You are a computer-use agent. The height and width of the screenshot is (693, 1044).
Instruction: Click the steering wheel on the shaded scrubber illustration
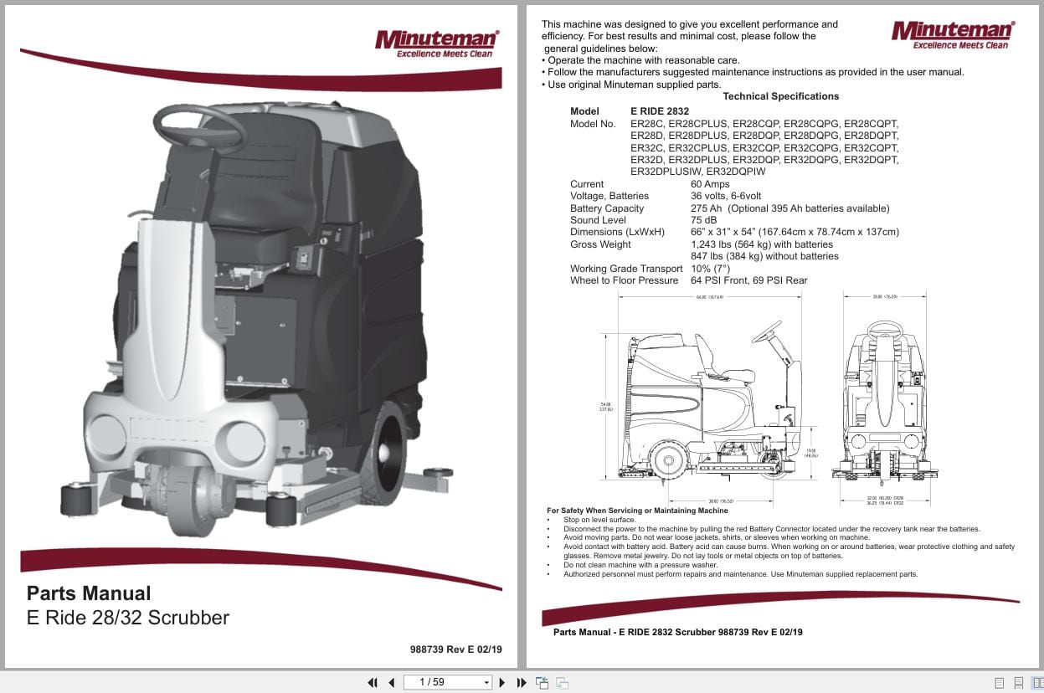pos(199,126)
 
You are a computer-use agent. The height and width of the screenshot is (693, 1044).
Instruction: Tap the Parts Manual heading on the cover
pos(89,593)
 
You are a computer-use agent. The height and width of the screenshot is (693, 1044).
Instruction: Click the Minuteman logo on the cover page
pos(436,44)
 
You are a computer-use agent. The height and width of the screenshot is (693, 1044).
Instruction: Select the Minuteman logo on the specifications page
pos(952,34)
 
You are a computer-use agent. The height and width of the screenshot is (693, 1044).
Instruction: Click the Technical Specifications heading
pos(780,96)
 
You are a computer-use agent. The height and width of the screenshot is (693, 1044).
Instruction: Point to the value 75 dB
pos(704,220)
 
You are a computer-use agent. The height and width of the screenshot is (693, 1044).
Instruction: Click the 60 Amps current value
pos(710,184)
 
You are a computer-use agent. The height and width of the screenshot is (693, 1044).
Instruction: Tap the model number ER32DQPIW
pos(736,172)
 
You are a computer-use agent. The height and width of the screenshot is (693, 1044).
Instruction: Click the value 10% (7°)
pos(710,269)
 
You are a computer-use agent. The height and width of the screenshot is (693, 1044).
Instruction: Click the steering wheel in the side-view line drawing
pos(767,332)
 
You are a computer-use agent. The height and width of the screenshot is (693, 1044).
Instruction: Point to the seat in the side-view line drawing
pos(713,360)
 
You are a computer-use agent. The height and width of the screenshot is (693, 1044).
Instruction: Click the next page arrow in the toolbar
pos(502,682)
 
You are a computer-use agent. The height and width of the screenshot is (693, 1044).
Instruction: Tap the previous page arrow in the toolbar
pos(391,682)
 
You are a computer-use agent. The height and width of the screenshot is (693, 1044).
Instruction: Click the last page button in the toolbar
pos(522,682)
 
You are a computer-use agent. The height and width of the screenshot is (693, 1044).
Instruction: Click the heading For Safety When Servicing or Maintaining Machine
pos(637,511)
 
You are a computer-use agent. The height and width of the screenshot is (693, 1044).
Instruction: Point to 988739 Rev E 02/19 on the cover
pos(456,649)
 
